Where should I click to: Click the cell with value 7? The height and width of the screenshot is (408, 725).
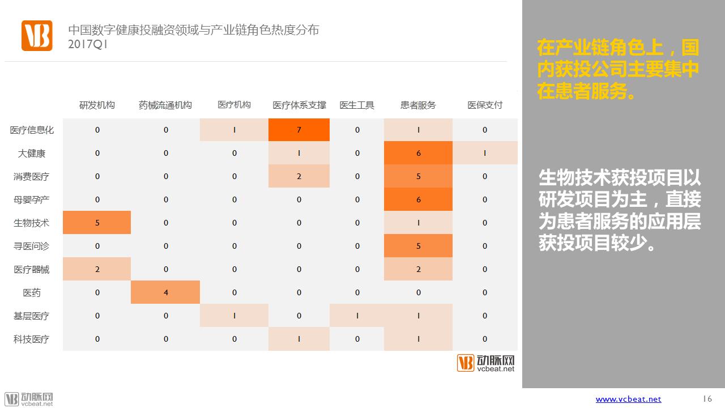pos(298,130)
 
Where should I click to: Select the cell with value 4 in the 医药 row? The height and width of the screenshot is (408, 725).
pos(165,292)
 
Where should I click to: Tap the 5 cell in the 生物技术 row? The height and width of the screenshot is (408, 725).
pos(97,223)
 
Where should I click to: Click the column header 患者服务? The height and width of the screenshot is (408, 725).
pos(418,105)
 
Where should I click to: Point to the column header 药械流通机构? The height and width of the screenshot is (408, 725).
pos(165,105)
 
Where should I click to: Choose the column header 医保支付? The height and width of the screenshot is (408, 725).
pos(485,105)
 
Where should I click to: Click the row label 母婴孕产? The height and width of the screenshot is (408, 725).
pos(31,200)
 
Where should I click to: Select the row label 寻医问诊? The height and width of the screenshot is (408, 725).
pos(31,246)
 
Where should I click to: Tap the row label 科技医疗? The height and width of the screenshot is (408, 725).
pos(31,339)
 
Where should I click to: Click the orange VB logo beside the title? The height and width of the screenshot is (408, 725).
pos(37,36)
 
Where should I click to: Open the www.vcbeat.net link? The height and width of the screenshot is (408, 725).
pos(628,399)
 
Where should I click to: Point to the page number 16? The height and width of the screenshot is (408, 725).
pos(707,398)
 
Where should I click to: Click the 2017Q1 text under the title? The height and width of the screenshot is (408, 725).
pos(87,44)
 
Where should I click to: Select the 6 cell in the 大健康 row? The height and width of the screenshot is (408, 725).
pos(418,153)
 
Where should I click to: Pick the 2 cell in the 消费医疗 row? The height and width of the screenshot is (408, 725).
pos(298,176)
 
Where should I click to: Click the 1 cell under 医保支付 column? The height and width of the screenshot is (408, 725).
pos(485,153)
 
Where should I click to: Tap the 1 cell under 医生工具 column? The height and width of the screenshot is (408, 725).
pos(357,316)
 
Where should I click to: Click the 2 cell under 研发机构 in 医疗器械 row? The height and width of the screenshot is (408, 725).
pos(97,269)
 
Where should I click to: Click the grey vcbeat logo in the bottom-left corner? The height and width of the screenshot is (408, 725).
pos(28,399)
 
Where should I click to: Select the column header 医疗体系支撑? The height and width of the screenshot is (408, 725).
pos(299,105)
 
